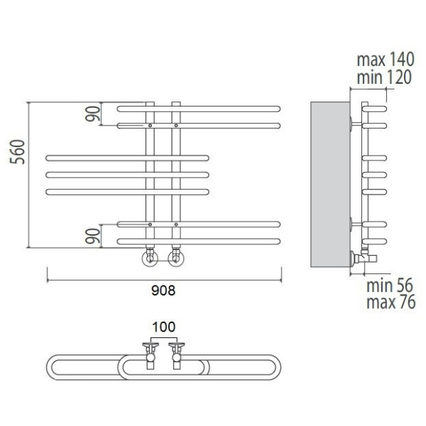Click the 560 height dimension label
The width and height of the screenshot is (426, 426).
(x=17, y=152)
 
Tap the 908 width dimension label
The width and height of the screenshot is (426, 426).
(x=163, y=290)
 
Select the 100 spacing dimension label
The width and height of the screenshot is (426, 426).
(x=163, y=327)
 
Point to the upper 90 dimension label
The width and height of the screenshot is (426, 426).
(x=92, y=114)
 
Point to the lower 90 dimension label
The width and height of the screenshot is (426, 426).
(x=92, y=236)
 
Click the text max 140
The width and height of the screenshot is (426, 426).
(x=386, y=60)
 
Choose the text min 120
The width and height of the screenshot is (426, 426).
(x=384, y=77)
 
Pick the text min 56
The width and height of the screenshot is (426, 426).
(x=390, y=285)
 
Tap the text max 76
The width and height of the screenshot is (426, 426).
(x=391, y=302)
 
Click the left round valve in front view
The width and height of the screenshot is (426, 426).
(x=150, y=258)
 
